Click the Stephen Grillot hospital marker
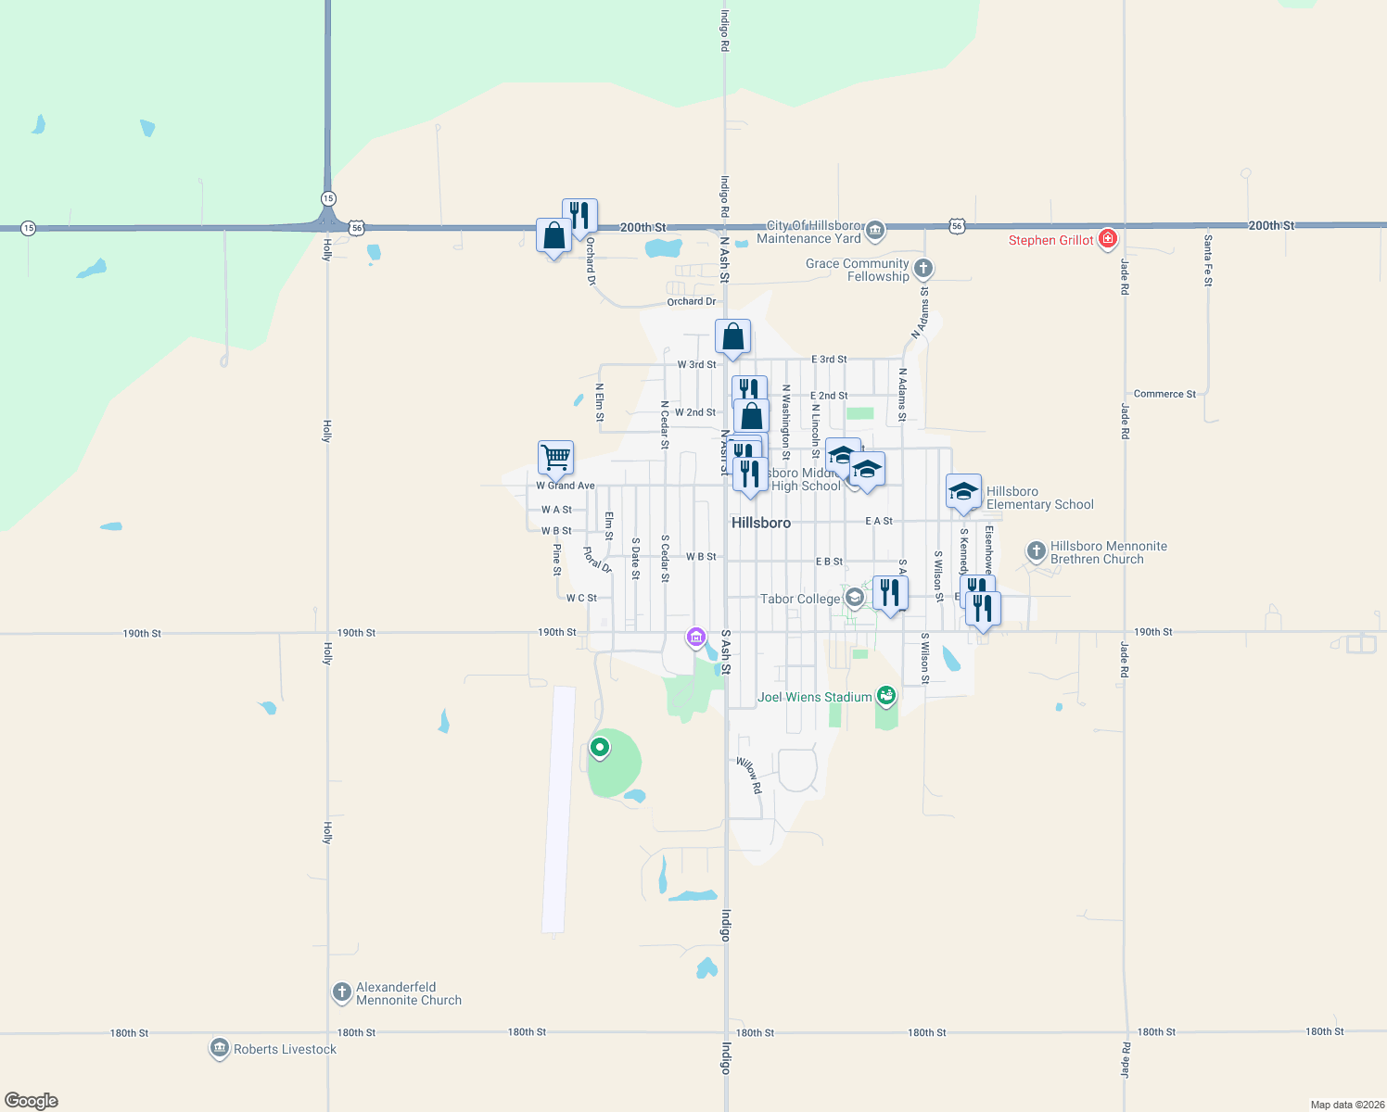[x=1107, y=239]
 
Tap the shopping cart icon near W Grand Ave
[x=555, y=456]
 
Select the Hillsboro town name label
[x=761, y=523]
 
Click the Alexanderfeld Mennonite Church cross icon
[x=342, y=992]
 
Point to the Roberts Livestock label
[x=285, y=1049]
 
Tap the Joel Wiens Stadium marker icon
[x=886, y=695]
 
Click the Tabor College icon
[x=854, y=598]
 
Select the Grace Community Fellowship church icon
[x=923, y=269]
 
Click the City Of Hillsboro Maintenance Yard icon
[x=874, y=230]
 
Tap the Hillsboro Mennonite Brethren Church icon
[x=1037, y=551]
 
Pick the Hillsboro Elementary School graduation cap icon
[x=963, y=491]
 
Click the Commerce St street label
[x=1164, y=394]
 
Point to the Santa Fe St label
[x=1207, y=260]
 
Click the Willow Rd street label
[x=749, y=776]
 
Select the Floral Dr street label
[x=597, y=560]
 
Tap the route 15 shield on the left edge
[x=28, y=228]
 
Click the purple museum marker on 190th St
[x=696, y=637]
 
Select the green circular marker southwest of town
[x=600, y=747]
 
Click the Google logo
[x=32, y=1101]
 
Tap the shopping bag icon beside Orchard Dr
[x=554, y=236]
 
